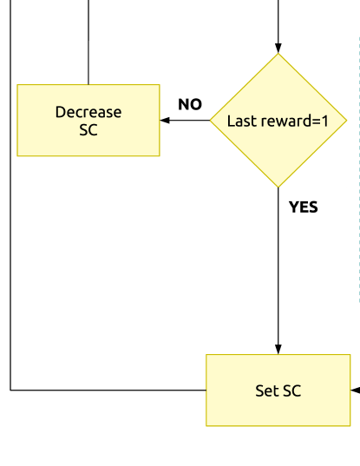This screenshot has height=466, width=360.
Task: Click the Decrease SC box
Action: pyautogui.click(x=88, y=121)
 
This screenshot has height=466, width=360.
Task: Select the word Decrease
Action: pyautogui.click(x=88, y=112)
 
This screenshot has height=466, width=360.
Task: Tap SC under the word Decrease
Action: pyautogui.click(x=88, y=131)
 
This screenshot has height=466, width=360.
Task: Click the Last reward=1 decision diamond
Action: pyautogui.click(x=278, y=121)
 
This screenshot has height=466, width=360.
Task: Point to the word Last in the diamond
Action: pyautogui.click(x=240, y=121)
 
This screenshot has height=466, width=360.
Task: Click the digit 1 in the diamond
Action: pyautogui.click(x=325, y=121)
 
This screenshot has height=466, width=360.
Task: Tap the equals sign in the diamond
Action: pyautogui.click(x=316, y=121)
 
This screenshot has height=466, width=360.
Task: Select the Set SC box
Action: pyautogui.click(x=278, y=391)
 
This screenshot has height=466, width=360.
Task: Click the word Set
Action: pyautogui.click(x=266, y=391)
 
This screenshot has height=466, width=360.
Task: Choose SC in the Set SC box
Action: pyautogui.click(x=291, y=391)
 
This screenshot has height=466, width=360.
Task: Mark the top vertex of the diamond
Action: pyautogui.click(x=278, y=54)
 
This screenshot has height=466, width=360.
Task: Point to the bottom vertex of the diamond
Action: pyautogui.click(x=278, y=187)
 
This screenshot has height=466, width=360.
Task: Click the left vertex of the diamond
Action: pyautogui.click(x=210, y=121)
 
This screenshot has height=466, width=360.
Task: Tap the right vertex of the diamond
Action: pyautogui.click(x=347, y=121)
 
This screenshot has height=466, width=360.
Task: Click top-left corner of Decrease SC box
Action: pyautogui.click(x=17, y=85)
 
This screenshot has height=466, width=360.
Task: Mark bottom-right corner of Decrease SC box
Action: pyautogui.click(x=160, y=156)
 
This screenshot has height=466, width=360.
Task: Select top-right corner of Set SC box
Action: pyautogui.click(x=351, y=355)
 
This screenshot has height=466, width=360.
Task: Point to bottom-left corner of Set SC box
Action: pyautogui.click(x=206, y=426)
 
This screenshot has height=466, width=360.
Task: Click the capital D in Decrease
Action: pyautogui.click(x=60, y=112)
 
